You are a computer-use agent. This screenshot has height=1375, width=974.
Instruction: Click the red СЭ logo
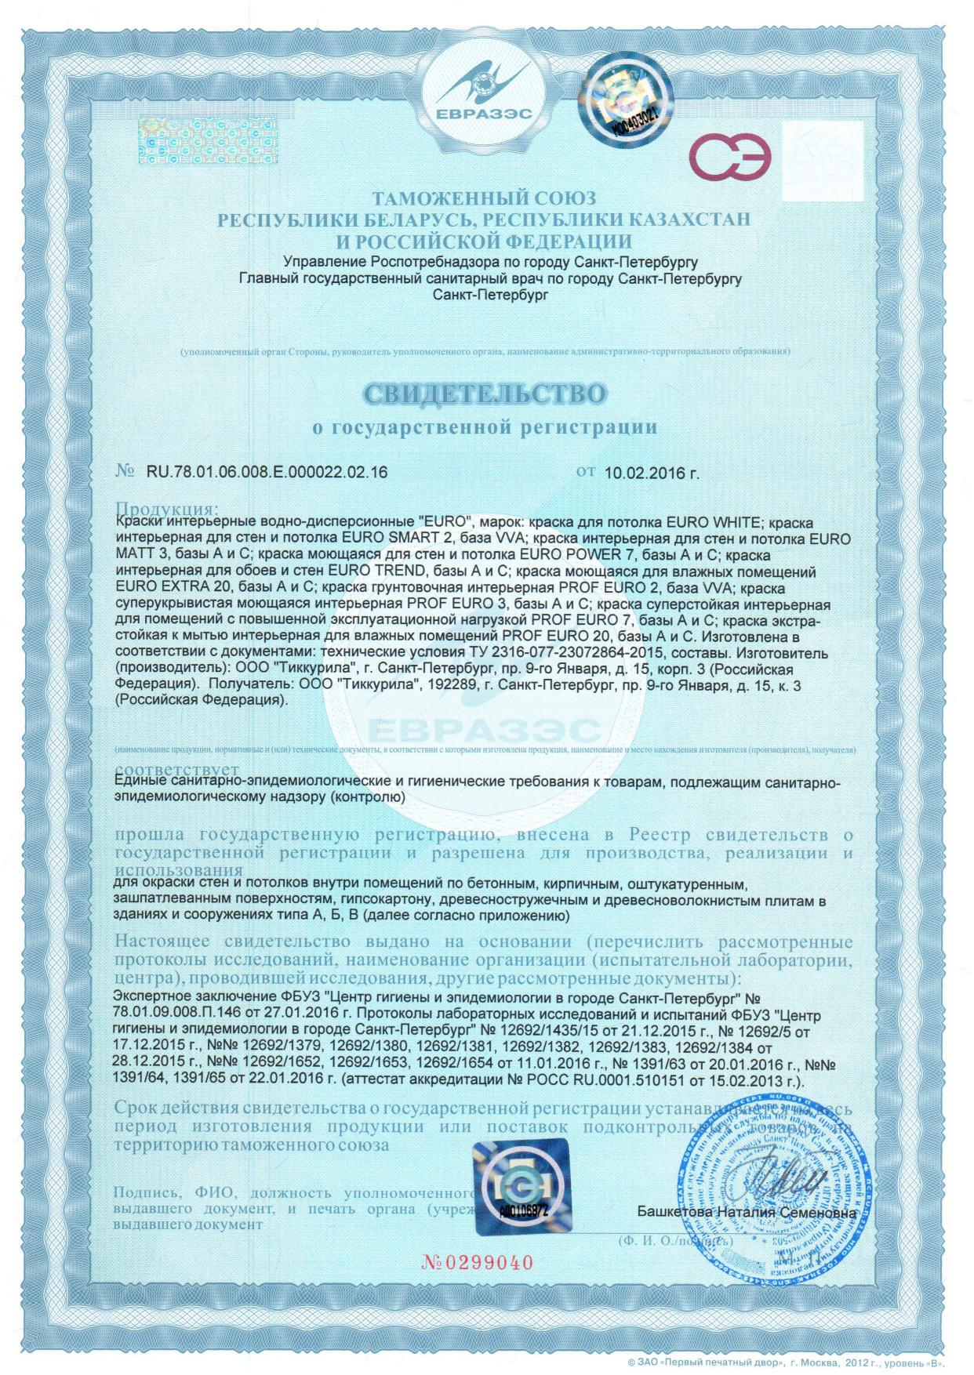click(729, 156)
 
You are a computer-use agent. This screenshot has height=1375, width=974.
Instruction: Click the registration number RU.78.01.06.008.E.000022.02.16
click(267, 472)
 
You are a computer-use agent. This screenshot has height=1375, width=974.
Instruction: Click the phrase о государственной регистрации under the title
click(484, 428)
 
